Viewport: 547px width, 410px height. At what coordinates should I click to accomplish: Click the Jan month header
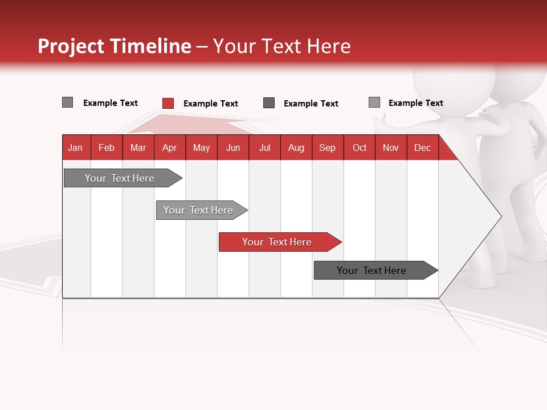75,147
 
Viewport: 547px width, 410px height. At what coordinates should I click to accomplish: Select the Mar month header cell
138,147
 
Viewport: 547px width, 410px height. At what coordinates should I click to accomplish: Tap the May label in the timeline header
201,147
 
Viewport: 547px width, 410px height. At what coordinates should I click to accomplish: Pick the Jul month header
264,147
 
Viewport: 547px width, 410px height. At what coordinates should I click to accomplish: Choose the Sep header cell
327,147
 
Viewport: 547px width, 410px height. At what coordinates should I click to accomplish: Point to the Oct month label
360,147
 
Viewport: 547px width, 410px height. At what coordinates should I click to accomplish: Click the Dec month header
422,147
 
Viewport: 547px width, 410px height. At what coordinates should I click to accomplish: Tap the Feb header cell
107,147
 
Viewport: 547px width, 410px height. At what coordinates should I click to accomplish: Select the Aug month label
296,147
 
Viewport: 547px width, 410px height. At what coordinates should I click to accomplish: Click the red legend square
168,103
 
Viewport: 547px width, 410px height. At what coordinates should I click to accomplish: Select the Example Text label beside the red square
210,104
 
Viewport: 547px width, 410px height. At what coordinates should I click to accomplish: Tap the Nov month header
391,147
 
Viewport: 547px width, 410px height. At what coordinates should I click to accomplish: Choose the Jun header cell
233,147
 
